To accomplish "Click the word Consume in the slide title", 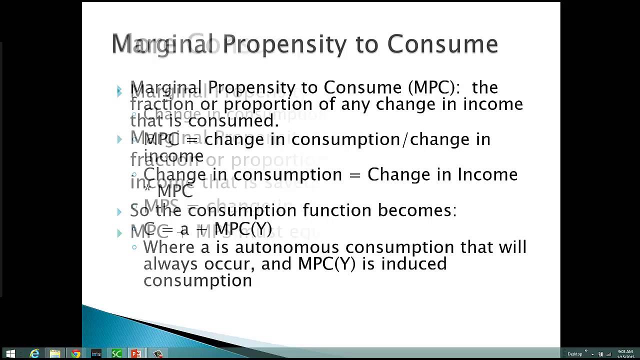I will click(442, 44).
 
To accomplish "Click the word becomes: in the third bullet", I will click(417, 210).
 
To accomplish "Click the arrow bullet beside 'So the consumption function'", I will click(119, 211).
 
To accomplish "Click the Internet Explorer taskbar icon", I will click(34, 353).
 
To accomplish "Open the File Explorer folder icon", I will click(55, 353).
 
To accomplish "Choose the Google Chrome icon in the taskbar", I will click(75, 353).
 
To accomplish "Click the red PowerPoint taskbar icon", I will click(136, 353).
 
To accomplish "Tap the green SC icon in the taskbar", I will click(116, 353).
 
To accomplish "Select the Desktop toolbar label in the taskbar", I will click(574, 354).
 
